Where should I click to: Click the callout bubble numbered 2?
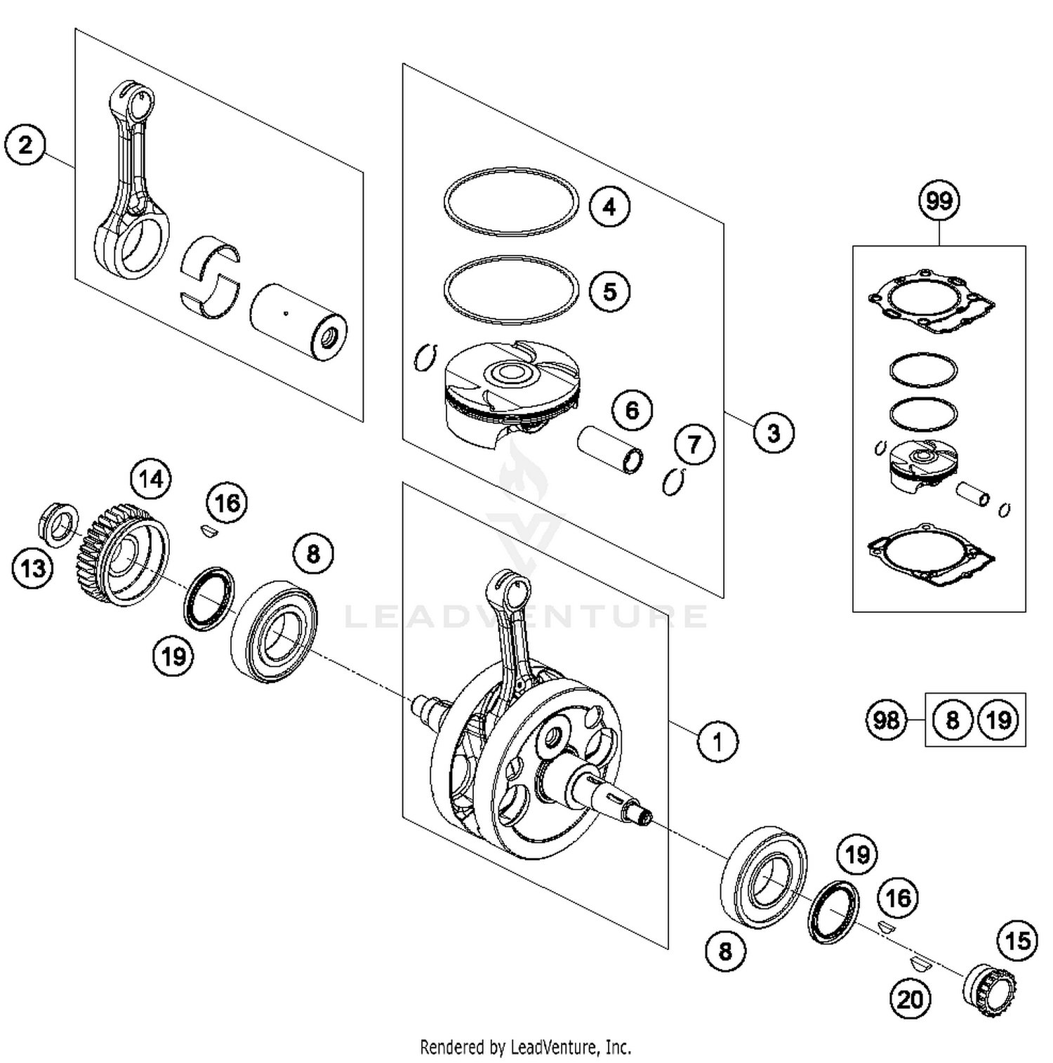point(25,145)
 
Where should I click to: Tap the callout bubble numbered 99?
point(939,201)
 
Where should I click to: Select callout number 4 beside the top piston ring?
point(609,206)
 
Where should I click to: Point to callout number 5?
point(609,291)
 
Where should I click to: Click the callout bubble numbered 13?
point(33,567)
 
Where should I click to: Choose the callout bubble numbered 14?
point(151,480)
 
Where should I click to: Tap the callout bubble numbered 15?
point(1017,941)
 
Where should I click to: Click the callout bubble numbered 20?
point(910,998)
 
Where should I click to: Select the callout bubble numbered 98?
point(885,720)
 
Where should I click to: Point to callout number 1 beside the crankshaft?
point(717,741)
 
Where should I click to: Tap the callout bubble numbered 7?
point(694,444)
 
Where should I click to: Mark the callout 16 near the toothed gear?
point(227,503)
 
